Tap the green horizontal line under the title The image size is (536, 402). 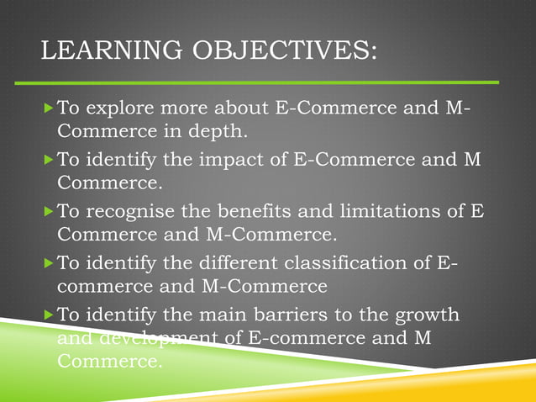pyautogui.click(x=269, y=82)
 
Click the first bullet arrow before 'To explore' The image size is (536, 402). pyautogui.click(x=47, y=109)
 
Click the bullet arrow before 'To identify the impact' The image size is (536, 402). pyautogui.click(x=47, y=160)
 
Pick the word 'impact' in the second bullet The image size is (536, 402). pyautogui.click(x=247, y=160)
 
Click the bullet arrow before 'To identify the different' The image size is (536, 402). pyautogui.click(x=47, y=263)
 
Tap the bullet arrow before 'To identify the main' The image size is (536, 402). pyautogui.click(x=47, y=315)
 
